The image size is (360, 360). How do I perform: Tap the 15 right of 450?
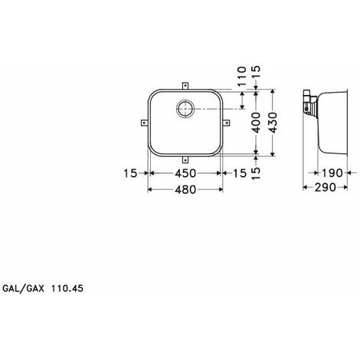242,174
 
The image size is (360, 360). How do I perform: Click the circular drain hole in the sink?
186,110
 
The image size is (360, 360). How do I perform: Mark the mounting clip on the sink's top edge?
186,86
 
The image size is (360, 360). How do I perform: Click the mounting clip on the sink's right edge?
226,121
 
